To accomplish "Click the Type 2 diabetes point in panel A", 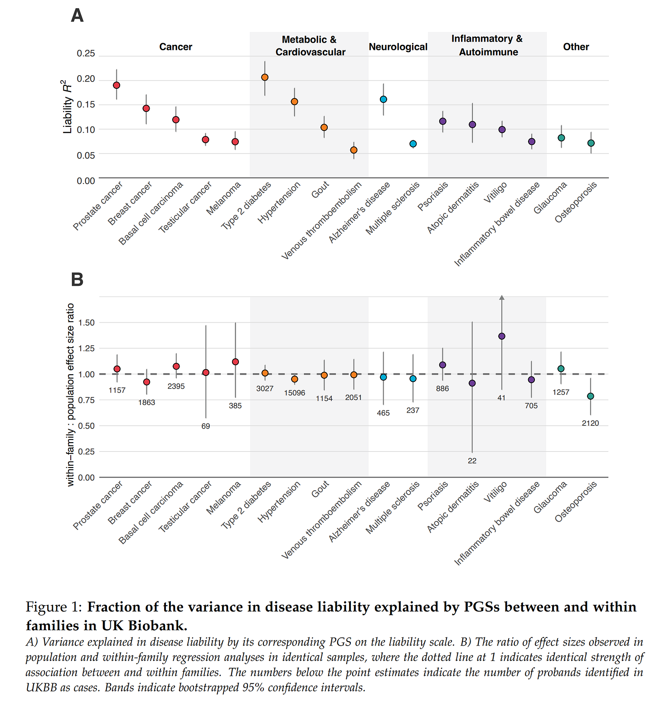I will [265, 77].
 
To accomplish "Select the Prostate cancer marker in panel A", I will [116, 85].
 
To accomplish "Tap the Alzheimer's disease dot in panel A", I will [383, 99].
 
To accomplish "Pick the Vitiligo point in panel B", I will [502, 336].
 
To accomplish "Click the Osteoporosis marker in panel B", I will [591, 396].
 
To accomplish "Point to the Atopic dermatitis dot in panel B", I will [472, 383].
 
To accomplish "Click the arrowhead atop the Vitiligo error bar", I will [502, 298].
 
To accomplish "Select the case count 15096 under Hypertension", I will [295, 393].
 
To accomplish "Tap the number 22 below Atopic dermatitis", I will [472, 461].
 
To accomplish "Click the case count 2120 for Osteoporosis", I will [591, 423].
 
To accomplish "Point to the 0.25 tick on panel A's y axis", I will [86, 53].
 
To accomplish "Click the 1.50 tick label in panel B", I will [86, 323].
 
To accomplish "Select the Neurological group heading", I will [398, 47].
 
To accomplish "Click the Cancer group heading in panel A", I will [176, 47].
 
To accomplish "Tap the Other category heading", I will [576, 47].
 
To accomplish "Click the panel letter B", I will [78, 280].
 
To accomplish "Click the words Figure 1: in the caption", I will [54, 607].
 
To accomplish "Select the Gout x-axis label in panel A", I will [320, 190].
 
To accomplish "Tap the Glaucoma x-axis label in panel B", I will [550, 497].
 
